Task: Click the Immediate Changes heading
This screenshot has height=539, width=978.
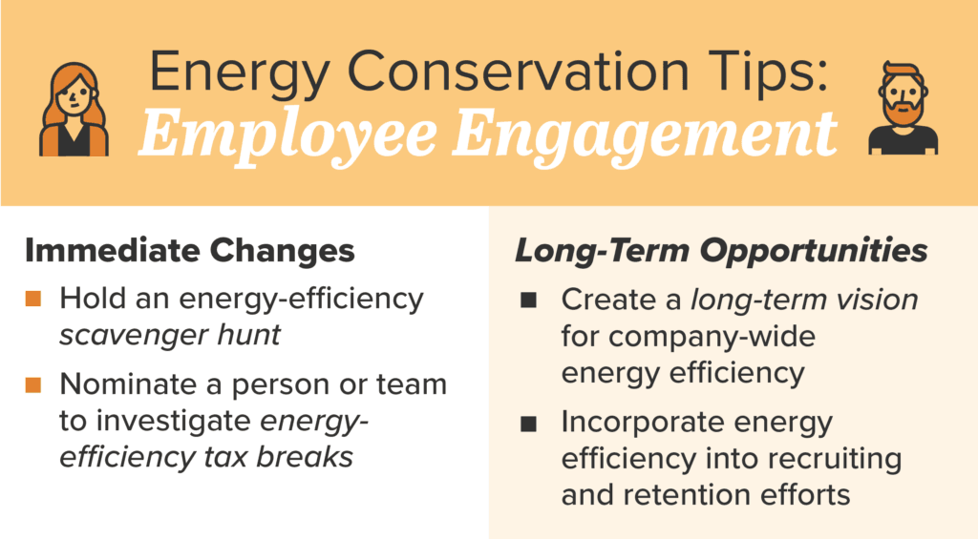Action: point(189,252)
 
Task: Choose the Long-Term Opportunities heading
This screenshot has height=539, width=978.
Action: point(721,252)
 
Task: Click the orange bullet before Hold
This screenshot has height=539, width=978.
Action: point(34,300)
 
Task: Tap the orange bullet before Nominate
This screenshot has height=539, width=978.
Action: point(34,385)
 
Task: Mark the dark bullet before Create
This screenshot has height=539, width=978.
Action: point(529,301)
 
